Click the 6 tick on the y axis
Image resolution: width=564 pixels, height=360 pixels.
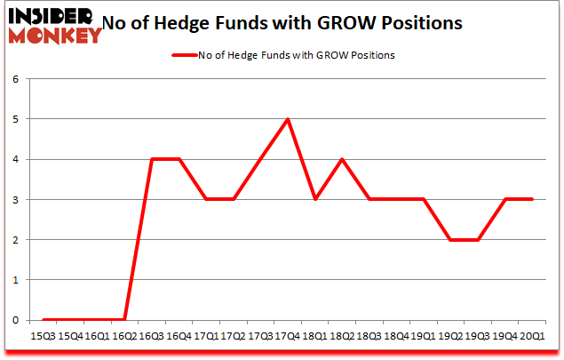(x=15, y=79)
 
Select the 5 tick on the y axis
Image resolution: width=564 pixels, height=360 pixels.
(x=15, y=119)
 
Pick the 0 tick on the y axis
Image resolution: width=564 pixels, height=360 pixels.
(x=15, y=320)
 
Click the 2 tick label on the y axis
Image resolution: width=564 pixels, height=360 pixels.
(x=15, y=240)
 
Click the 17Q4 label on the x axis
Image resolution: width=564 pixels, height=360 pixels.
(x=287, y=338)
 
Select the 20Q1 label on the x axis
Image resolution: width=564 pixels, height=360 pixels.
(x=531, y=338)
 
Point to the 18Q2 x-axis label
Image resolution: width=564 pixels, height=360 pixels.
(x=342, y=338)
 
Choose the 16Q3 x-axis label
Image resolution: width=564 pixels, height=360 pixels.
(x=153, y=338)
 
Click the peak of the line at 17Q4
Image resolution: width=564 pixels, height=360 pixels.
(x=287, y=119)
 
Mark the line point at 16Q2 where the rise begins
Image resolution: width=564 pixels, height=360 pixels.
(x=125, y=320)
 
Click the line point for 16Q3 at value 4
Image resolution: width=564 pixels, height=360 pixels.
(x=153, y=159)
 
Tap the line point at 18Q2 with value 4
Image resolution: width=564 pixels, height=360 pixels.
(x=342, y=159)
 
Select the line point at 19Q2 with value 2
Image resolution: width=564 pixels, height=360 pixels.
(x=450, y=240)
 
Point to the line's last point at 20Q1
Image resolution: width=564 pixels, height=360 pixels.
(x=531, y=199)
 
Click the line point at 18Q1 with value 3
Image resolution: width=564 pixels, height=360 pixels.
(x=314, y=199)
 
